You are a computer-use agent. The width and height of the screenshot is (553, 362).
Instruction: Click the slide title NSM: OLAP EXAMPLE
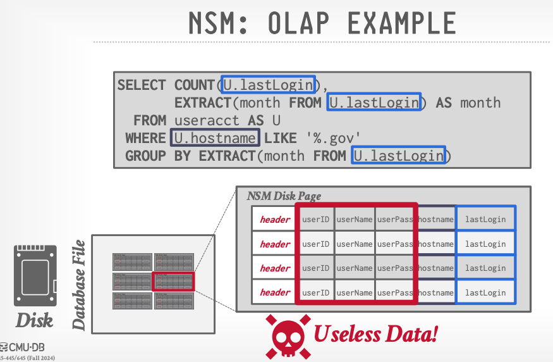(x=322, y=23)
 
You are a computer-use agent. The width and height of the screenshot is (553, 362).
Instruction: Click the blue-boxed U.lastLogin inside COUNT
(x=267, y=85)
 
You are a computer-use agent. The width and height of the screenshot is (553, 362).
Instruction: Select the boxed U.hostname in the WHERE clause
(x=216, y=138)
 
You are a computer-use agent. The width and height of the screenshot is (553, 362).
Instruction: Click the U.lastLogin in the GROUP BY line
(x=399, y=156)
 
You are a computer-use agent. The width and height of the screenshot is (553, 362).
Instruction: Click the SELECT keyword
(x=142, y=85)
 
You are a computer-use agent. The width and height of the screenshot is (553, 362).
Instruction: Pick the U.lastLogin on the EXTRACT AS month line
(x=374, y=103)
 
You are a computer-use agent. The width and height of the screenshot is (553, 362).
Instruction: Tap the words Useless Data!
(x=376, y=334)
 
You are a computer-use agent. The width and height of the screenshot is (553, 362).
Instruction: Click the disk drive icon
(x=35, y=275)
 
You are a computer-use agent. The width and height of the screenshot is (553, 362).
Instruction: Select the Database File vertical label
(x=79, y=285)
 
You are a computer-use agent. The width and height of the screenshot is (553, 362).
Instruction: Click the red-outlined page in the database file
(x=174, y=280)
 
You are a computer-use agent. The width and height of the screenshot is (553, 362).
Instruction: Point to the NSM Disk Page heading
(x=284, y=196)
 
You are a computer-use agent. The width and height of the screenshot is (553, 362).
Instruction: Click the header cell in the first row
(x=275, y=220)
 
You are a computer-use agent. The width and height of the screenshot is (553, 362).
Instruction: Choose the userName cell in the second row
(x=355, y=244)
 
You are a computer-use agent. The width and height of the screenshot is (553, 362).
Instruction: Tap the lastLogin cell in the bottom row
(x=485, y=292)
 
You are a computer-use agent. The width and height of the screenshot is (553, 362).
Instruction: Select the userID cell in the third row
(x=315, y=268)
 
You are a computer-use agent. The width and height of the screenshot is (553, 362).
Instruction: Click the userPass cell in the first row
(x=395, y=220)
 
